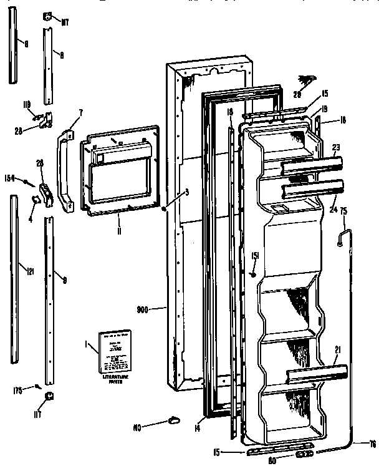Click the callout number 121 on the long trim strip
point(29,270)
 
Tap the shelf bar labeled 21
point(317,374)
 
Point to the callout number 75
point(343,211)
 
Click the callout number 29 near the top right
point(297,94)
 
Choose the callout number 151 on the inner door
point(256,255)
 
